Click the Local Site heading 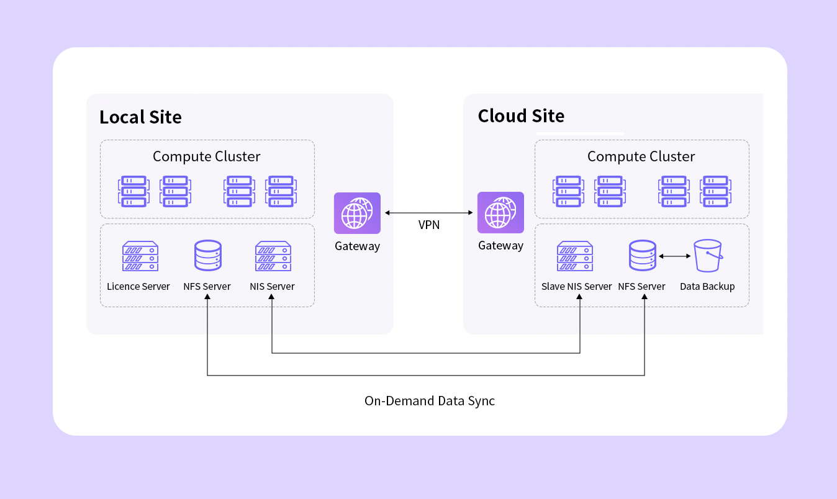point(140,117)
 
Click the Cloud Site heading point(521,116)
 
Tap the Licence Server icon point(140,256)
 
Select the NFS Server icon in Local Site point(207,256)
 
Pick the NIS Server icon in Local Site point(273,256)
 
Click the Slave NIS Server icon point(575,256)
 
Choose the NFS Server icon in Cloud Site point(643,256)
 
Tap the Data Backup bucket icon point(708,256)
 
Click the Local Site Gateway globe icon point(357,213)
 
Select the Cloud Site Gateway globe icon point(500,212)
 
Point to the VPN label point(429,225)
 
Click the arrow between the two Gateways point(429,213)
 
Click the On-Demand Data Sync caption point(430,401)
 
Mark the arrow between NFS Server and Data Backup point(675,256)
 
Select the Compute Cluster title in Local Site point(207,156)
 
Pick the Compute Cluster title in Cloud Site point(641,156)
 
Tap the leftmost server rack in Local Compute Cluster point(133,191)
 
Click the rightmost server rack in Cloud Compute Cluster point(715,191)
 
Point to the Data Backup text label point(707,287)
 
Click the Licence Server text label point(138,287)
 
